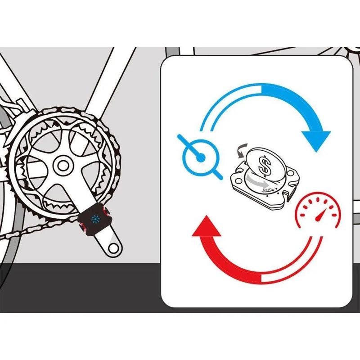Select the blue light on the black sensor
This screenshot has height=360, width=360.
coord(94,219)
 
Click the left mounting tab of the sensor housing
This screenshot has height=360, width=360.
coord(235,179)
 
